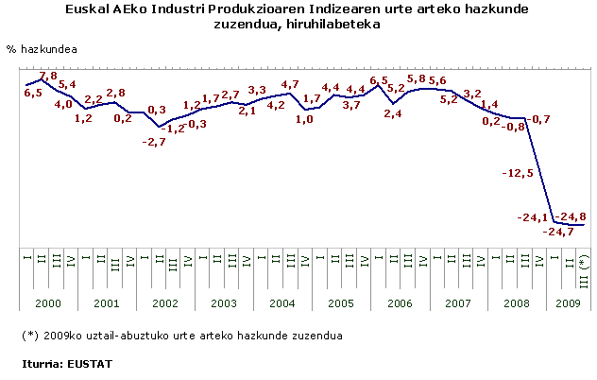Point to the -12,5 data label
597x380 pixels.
[519, 173]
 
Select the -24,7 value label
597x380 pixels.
[558, 231]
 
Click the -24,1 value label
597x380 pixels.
[532, 216]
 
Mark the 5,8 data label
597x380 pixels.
[417, 78]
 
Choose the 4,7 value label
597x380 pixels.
[291, 84]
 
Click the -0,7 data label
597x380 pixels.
[539, 118]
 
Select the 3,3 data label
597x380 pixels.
[257, 91]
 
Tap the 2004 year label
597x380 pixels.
[283, 304]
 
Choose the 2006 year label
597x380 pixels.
[399, 304]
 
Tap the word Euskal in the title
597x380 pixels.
[88, 9]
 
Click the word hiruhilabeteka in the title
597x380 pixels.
[334, 25]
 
